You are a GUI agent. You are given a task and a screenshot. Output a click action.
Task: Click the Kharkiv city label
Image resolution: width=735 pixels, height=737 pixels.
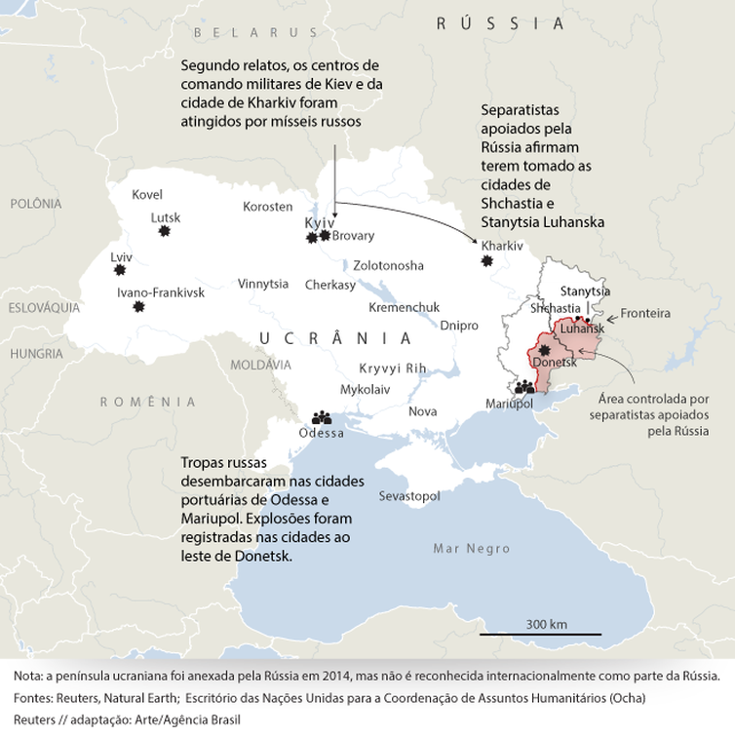[x=502, y=246]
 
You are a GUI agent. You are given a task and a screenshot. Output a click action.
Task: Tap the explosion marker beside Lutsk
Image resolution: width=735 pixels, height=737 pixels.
[x=164, y=231]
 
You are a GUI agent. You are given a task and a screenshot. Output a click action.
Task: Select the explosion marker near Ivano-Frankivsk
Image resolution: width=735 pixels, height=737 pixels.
[x=139, y=307]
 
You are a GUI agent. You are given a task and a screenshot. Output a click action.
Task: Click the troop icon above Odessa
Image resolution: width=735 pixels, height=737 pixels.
[x=322, y=416]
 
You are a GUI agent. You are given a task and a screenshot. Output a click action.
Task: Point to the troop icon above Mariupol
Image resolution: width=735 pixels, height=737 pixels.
[x=525, y=386]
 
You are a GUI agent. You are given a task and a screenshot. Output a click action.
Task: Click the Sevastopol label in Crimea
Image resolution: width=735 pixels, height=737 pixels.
[x=409, y=496]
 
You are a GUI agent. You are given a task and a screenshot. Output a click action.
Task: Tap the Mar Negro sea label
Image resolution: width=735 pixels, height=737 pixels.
[x=472, y=549]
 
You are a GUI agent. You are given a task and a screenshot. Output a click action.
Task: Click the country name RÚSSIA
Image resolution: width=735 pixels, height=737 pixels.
[x=500, y=23]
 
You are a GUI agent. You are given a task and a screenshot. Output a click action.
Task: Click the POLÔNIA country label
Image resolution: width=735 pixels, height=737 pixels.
[x=35, y=204]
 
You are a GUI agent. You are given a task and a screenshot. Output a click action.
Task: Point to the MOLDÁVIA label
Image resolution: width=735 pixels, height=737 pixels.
[x=260, y=364]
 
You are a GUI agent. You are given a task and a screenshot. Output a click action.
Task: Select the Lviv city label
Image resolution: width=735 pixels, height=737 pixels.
[x=121, y=257]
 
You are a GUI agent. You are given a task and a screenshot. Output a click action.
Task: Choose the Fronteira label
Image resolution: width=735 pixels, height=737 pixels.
[x=646, y=313]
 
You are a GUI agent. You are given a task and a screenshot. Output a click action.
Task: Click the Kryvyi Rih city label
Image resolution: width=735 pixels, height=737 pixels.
[x=393, y=368]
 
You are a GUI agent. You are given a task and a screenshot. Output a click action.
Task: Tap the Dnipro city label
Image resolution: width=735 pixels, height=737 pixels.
[x=459, y=325]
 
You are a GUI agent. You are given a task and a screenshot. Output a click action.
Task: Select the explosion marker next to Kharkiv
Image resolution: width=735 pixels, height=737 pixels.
[x=487, y=260]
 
